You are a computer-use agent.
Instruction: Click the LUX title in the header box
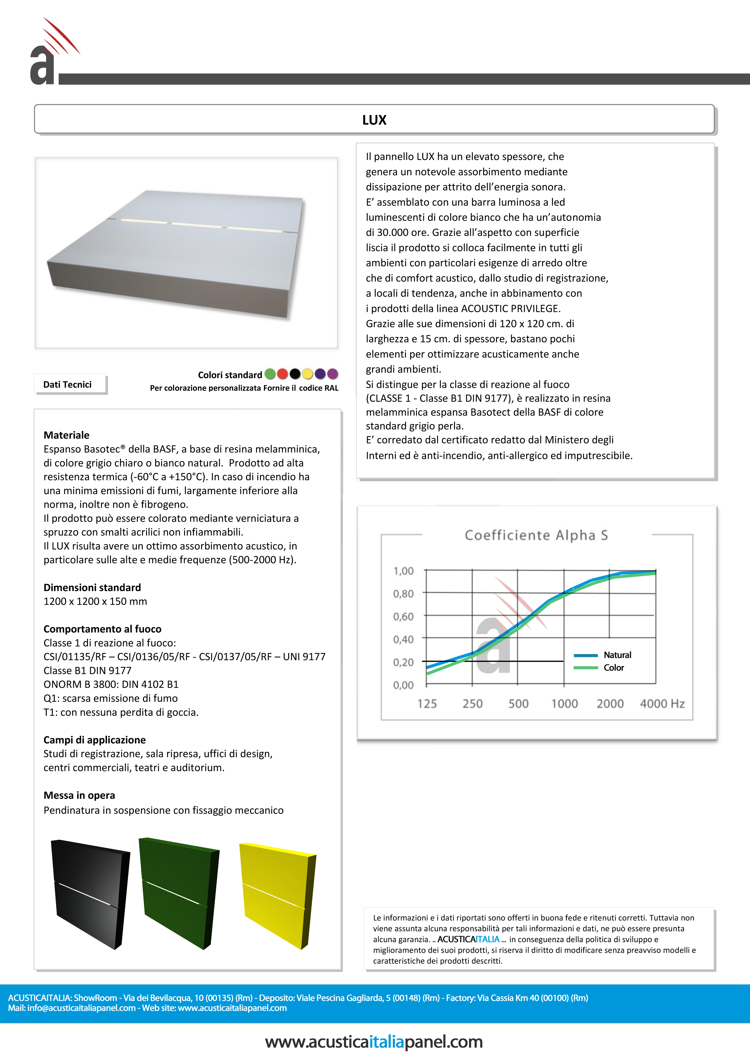(x=374, y=120)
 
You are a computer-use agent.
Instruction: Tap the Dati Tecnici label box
(x=67, y=384)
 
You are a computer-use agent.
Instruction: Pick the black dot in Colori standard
(x=295, y=374)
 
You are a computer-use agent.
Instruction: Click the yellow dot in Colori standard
(x=307, y=374)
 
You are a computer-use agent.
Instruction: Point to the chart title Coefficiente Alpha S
(x=536, y=535)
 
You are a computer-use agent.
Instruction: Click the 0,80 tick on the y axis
(x=403, y=594)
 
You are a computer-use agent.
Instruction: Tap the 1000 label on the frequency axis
(x=564, y=704)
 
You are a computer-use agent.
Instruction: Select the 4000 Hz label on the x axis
(x=662, y=704)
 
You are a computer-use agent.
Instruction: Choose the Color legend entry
(x=614, y=668)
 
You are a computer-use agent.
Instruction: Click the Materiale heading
(x=67, y=435)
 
